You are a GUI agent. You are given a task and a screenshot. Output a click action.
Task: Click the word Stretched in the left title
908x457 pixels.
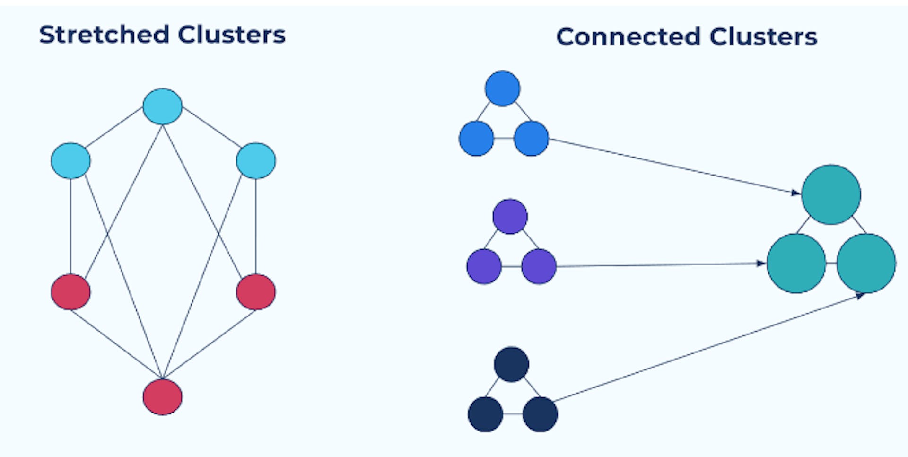pyautogui.click(x=104, y=35)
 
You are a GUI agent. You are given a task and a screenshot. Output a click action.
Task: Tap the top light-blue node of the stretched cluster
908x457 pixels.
pyautogui.click(x=163, y=106)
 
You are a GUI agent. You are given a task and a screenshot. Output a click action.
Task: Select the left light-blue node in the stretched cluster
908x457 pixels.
pyautogui.click(x=70, y=161)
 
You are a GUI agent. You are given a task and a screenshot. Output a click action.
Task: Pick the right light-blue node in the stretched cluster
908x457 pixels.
pyautogui.click(x=256, y=161)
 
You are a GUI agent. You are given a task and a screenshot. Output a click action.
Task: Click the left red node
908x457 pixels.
pyautogui.click(x=70, y=292)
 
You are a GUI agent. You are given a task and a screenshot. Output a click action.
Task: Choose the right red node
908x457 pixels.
pyautogui.click(x=256, y=292)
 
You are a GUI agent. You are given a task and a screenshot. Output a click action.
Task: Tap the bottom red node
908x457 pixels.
pyautogui.click(x=163, y=397)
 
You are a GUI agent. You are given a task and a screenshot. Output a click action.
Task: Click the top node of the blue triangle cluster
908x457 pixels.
pyautogui.click(x=502, y=88)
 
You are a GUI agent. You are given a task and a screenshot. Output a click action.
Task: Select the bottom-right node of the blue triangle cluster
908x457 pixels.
pyautogui.click(x=531, y=139)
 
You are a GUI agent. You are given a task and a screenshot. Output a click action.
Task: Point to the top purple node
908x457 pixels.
pyautogui.click(x=510, y=217)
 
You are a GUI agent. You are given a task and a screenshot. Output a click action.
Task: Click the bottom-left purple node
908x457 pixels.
pyautogui.click(x=484, y=266)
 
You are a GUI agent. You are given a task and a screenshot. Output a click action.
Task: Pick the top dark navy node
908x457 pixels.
pyautogui.click(x=511, y=364)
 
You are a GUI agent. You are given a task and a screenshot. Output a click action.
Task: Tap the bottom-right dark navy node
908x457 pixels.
pyautogui.click(x=540, y=414)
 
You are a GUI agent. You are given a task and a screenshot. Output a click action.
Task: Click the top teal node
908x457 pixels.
pyautogui.click(x=831, y=194)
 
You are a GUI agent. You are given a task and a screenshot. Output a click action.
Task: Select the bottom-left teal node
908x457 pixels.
pyautogui.click(x=796, y=263)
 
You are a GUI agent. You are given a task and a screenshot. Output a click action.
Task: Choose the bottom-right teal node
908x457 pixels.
pyautogui.click(x=866, y=263)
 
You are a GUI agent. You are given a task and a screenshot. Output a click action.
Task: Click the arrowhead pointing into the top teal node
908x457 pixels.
pyautogui.click(x=796, y=193)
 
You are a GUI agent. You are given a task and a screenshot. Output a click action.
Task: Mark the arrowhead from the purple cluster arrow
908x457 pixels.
pyautogui.click(x=761, y=263)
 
